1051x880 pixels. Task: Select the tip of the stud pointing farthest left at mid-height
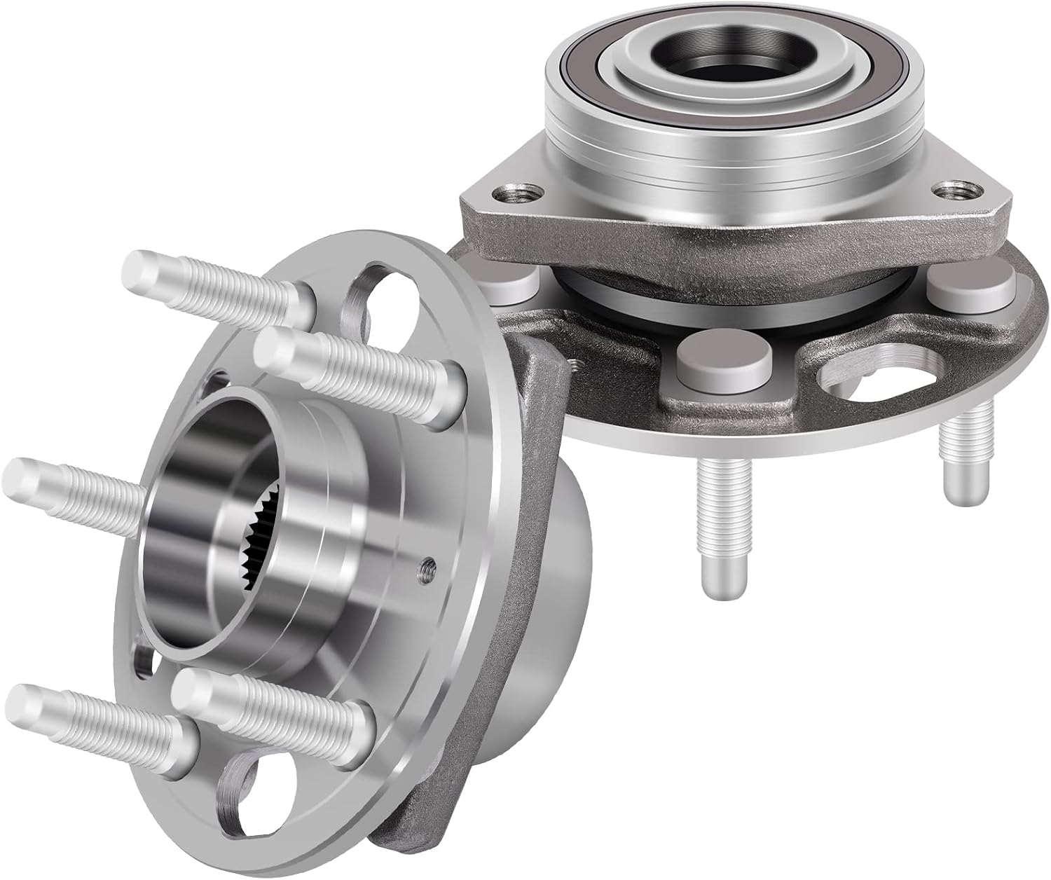click(x=25, y=476)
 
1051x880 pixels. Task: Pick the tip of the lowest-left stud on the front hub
click(x=28, y=701)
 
